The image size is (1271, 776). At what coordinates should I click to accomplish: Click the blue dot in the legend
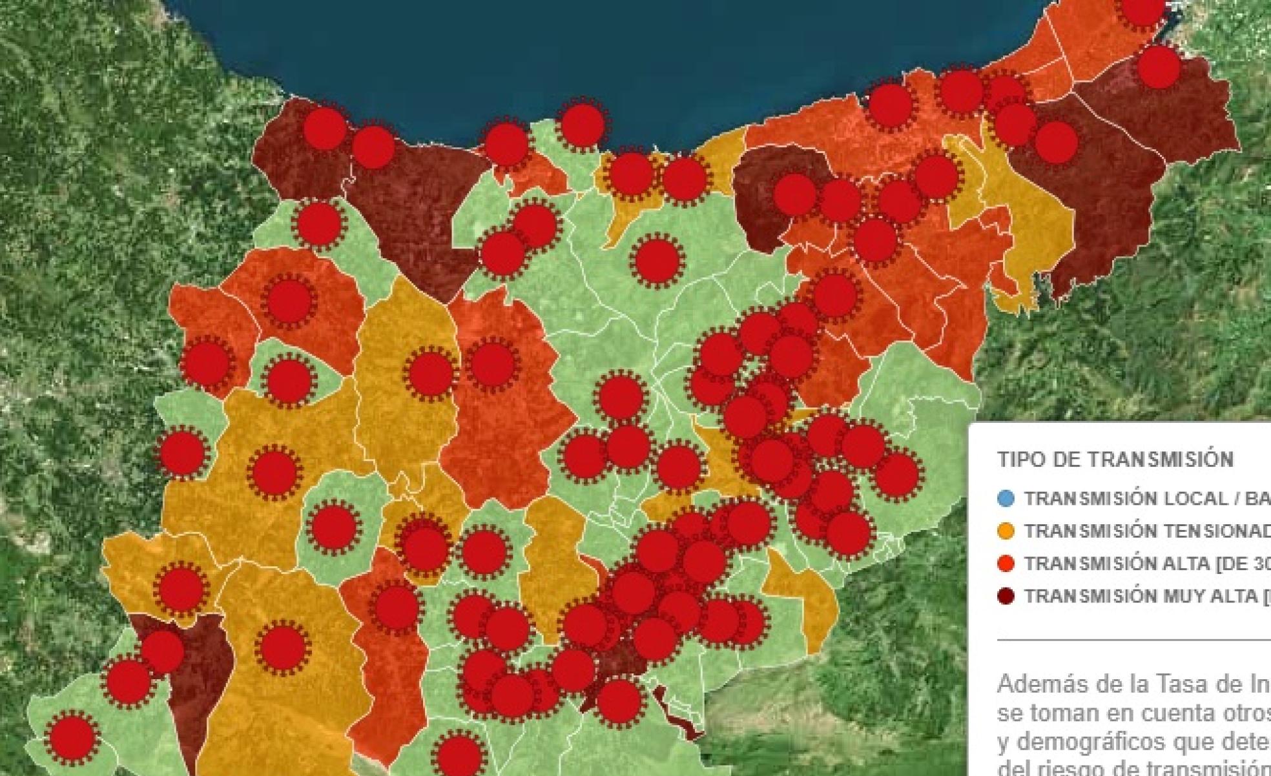pos(1006,498)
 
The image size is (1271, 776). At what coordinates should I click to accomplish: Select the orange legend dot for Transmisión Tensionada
pos(1006,531)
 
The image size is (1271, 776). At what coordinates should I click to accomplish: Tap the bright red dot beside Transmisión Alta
pos(1006,563)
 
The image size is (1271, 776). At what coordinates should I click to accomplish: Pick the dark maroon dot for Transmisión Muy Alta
pos(1006,595)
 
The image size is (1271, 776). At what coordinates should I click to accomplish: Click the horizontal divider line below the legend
pos(1130,640)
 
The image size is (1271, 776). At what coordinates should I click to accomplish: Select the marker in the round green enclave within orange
pos(333,527)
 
